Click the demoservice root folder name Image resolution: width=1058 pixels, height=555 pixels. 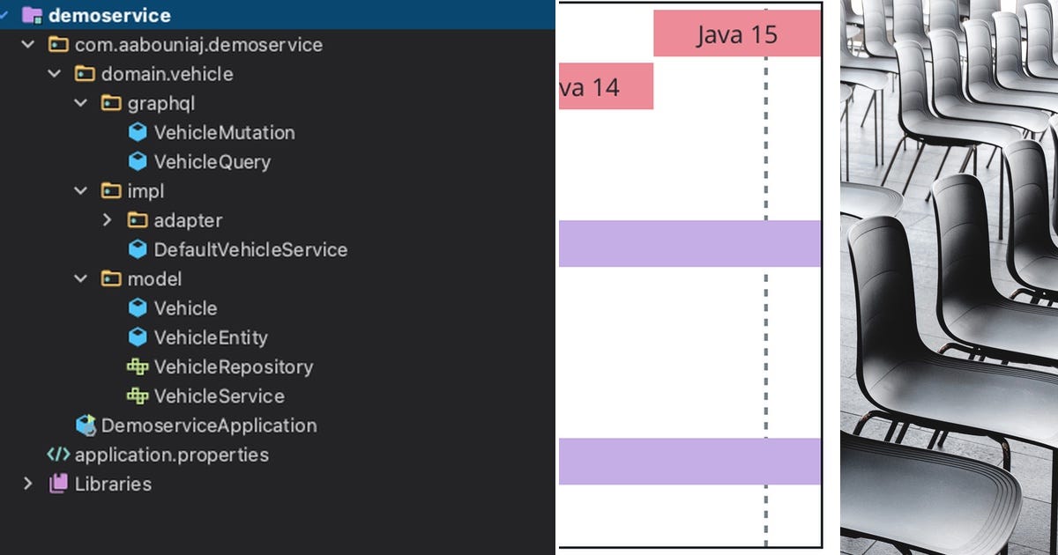pyautogui.click(x=109, y=15)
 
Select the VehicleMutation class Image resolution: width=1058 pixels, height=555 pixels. pyautogui.click(x=224, y=133)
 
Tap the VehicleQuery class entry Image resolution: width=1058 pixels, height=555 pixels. pyautogui.click(x=212, y=162)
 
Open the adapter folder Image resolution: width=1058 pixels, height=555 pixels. pyautogui.click(x=188, y=220)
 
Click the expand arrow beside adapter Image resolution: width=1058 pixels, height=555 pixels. pyautogui.click(x=108, y=220)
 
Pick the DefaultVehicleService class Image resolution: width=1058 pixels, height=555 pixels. pyautogui.click(x=250, y=249)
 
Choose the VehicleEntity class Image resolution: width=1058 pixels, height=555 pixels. pyautogui.click(x=210, y=337)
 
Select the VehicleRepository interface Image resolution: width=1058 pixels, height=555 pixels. pyautogui.click(x=233, y=366)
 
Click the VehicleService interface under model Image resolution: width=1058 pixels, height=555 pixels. pyautogui.click(x=219, y=396)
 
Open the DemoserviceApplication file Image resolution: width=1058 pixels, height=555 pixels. pyautogui.click(x=208, y=425)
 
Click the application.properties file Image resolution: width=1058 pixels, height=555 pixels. pyautogui.click(x=171, y=455)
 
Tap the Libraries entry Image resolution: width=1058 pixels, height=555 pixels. pyautogui.click(x=113, y=484)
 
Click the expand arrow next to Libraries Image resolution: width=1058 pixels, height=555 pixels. pyautogui.click(x=28, y=484)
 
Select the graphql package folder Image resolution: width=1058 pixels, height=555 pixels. pyautogui.click(x=160, y=104)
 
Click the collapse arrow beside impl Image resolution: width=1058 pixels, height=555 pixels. pyautogui.click(x=81, y=191)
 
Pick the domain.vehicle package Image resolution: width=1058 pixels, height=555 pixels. pyautogui.click(x=167, y=74)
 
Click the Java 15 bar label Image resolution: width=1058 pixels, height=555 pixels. pyautogui.click(x=737, y=34)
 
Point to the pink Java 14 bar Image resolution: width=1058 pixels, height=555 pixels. pyautogui.click(x=606, y=86)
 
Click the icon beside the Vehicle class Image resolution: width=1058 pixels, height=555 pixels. pyautogui.click(x=138, y=308)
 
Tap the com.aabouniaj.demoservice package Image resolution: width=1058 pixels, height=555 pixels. pyautogui.click(x=198, y=45)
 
